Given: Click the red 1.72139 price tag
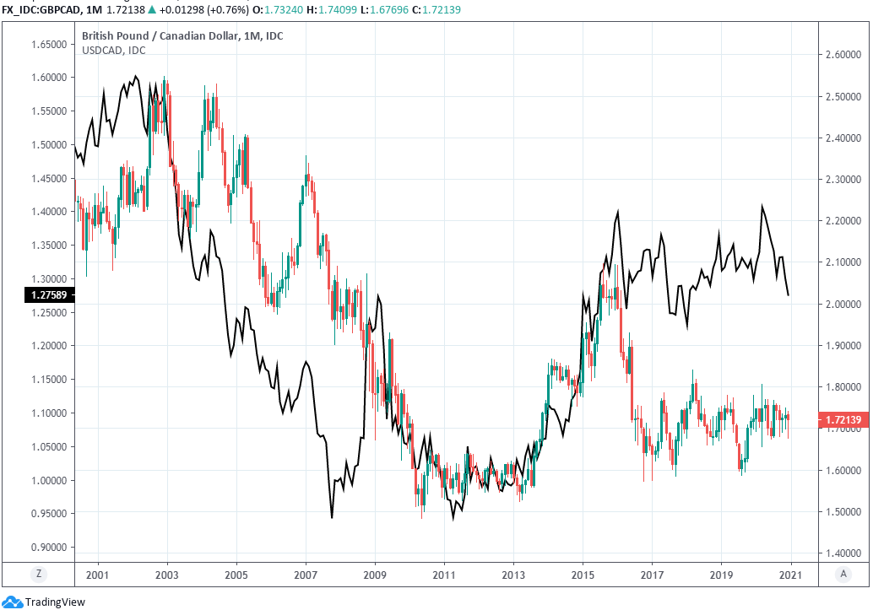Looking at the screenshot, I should [843, 418].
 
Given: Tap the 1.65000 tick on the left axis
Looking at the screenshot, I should [49, 44].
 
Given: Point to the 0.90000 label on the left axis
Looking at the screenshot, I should [49, 548].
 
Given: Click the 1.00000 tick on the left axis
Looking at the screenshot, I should [49, 480].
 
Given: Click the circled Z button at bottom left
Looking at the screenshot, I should [38, 575].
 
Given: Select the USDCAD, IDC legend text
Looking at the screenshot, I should [113, 51].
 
